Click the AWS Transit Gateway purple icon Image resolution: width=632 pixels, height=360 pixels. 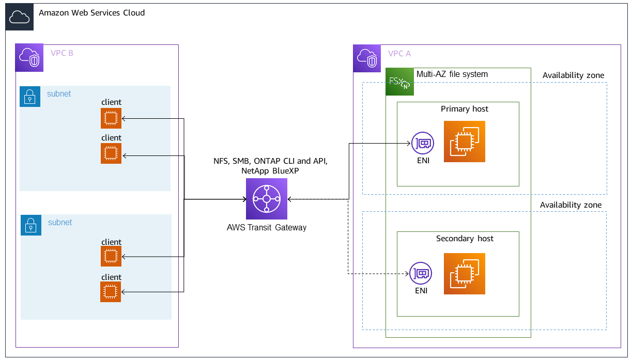tap(267, 199)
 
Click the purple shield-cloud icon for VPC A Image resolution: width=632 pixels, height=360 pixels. tap(367, 58)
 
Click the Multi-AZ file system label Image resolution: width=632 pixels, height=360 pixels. tap(452, 74)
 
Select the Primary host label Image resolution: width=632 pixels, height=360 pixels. tap(464, 109)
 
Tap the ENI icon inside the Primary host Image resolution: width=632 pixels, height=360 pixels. tap(422, 143)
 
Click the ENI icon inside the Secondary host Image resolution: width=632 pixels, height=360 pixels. tap(421, 273)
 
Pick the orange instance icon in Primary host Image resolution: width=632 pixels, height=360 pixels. tap(465, 142)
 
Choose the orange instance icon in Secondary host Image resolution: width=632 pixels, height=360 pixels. tap(465, 274)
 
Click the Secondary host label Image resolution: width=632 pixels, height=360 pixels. tap(465, 239)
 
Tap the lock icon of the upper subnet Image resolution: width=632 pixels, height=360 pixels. tap(30, 97)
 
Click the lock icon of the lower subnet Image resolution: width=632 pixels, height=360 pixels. tap(31, 225)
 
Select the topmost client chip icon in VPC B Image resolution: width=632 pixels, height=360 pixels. tap(111, 118)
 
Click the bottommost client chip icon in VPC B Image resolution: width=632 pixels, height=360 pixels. tap(111, 292)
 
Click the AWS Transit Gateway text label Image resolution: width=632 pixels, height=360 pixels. tap(266, 227)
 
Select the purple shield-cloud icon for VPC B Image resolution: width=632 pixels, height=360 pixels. tap(29, 58)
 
